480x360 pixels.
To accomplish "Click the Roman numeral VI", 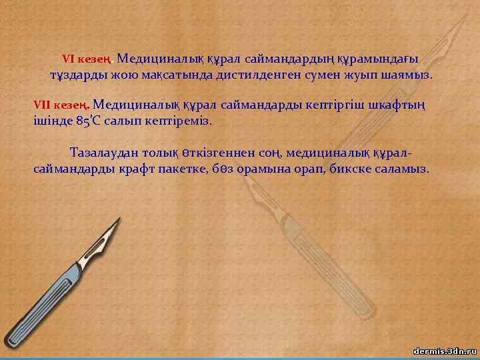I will click(x=69, y=58).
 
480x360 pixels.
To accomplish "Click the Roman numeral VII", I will click(x=42, y=105).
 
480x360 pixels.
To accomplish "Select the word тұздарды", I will click(x=73, y=75).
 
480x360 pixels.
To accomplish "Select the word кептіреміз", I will click(x=181, y=122).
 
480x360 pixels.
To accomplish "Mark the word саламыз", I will click(x=406, y=169).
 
